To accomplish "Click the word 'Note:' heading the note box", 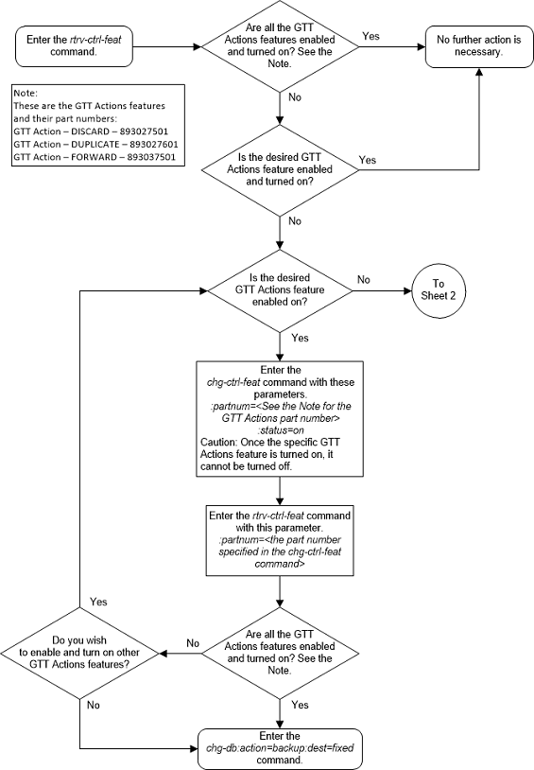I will pos(25,93).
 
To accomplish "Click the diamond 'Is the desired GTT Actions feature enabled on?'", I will pos(282,289).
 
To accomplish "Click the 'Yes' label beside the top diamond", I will pos(371,35).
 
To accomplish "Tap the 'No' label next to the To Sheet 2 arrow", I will pos(364,280).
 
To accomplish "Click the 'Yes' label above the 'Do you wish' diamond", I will pos(97,601).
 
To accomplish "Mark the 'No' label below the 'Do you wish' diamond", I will pos(93,705).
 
